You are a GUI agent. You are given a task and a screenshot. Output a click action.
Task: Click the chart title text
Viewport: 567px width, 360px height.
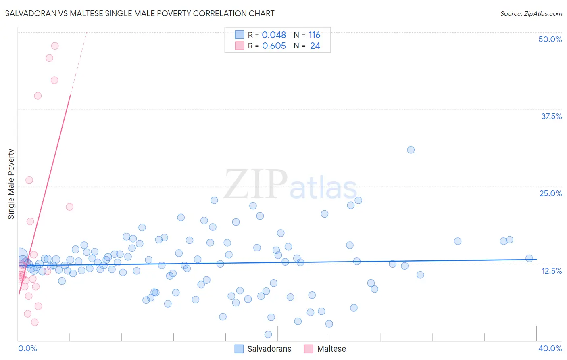[140, 13]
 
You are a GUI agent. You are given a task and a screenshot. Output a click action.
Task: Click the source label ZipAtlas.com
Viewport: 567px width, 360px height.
[531, 13]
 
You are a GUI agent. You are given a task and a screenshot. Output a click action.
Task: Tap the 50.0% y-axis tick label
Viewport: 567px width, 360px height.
[550, 39]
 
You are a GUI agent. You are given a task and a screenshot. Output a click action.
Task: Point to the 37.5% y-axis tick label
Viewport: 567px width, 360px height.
[551, 116]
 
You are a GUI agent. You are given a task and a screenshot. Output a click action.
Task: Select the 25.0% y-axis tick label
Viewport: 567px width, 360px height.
[550, 193]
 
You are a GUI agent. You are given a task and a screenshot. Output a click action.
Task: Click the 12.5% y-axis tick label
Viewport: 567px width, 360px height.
[551, 271]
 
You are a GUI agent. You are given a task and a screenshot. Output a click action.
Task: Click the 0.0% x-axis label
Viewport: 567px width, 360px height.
[27, 348]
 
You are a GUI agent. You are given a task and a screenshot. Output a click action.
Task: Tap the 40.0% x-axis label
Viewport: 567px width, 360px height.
[550, 348]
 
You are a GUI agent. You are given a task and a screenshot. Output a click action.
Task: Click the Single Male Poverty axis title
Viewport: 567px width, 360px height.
[11, 184]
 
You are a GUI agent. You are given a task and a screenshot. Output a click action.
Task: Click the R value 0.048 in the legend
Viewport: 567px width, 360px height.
[274, 35]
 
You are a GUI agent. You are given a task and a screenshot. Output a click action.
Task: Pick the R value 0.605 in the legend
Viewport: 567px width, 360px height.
[274, 46]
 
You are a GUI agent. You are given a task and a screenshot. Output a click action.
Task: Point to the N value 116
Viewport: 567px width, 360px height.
[314, 35]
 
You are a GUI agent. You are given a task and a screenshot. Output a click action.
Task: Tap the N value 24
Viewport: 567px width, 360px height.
[315, 46]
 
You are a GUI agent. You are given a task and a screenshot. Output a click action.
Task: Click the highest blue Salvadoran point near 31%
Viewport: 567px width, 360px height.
[411, 150]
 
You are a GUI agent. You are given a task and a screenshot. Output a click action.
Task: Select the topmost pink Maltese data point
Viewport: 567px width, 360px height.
[55, 46]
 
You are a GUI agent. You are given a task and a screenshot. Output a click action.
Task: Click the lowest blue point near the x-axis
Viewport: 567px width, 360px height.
[268, 334]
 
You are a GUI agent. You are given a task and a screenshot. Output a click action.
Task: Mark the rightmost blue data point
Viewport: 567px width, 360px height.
[529, 258]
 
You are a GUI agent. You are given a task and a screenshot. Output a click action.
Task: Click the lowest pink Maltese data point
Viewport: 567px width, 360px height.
[35, 322]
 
